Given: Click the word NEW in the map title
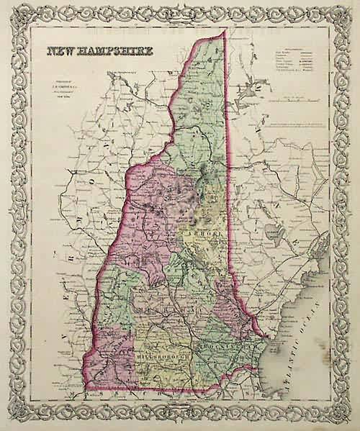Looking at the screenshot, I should (61, 52).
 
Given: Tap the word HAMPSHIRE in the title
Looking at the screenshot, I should (112, 52).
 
